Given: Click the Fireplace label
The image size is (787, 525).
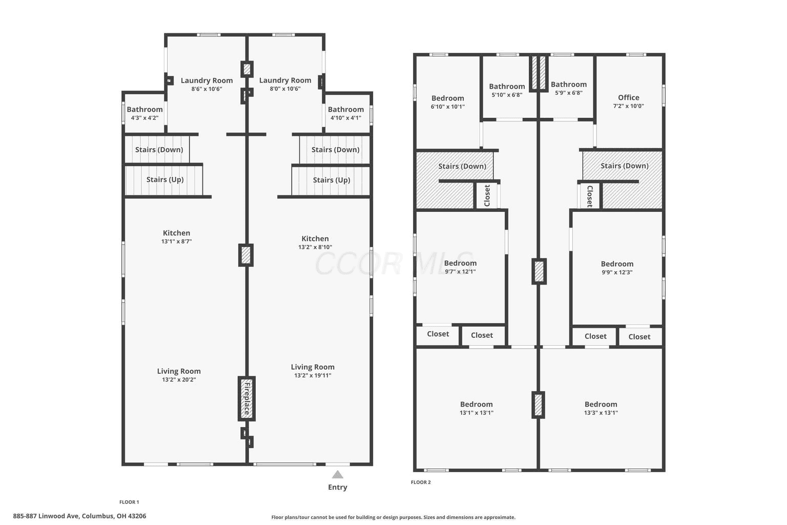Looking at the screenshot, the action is [x=247, y=398].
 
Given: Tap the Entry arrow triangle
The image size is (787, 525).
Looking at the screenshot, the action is [x=337, y=475].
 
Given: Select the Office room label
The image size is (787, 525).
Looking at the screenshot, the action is [x=629, y=97].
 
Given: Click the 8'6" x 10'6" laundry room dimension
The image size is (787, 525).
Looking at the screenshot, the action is [x=206, y=89].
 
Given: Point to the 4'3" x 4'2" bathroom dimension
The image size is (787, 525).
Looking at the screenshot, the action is [x=145, y=118].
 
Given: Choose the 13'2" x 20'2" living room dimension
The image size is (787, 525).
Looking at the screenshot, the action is [x=179, y=379].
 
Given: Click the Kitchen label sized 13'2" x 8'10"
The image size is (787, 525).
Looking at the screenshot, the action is [x=315, y=238].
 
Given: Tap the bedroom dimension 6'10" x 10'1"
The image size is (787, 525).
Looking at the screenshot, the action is [x=448, y=107].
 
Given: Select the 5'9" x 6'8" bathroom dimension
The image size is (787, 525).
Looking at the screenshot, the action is [x=568, y=93].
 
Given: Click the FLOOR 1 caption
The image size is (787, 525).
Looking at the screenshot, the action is [x=129, y=502].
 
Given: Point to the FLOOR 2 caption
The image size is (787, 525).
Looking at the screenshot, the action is [x=421, y=482].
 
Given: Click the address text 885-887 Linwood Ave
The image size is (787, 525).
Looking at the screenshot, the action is [x=47, y=516].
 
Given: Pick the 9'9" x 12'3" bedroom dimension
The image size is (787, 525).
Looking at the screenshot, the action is [x=617, y=272].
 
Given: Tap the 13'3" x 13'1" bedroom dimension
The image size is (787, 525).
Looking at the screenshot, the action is [x=601, y=413].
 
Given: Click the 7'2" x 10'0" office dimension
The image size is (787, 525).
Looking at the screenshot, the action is [x=629, y=106].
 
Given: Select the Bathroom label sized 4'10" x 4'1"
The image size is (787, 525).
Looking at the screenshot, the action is [x=346, y=109].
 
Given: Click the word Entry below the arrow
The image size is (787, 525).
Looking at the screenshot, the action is [x=337, y=488].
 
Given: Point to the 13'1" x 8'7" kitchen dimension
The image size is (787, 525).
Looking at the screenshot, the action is [x=176, y=241].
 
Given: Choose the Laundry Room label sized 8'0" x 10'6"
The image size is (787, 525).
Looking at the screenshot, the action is [x=285, y=80].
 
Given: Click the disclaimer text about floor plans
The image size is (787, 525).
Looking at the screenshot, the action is [x=393, y=517].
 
